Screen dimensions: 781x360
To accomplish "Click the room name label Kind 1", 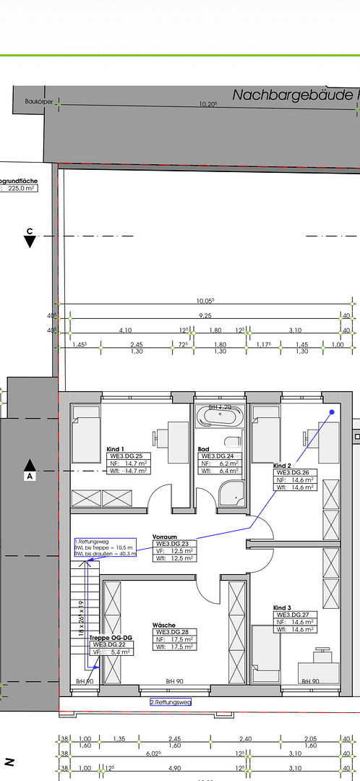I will click(x=116, y=449).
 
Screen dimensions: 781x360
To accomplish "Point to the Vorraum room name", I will click(x=165, y=537).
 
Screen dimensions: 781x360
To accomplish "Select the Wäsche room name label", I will click(x=163, y=625).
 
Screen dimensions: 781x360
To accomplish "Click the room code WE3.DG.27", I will click(x=295, y=615).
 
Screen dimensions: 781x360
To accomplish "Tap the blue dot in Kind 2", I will click(x=332, y=412).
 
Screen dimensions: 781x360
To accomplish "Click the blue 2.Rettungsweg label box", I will click(x=170, y=702).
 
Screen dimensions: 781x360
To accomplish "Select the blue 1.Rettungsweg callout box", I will click(x=104, y=547).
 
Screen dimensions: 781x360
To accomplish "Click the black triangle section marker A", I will click(x=30, y=464).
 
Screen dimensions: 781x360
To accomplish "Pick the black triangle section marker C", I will click(x=30, y=242).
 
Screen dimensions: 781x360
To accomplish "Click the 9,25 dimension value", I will click(x=206, y=315).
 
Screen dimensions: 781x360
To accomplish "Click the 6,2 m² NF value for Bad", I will click(x=228, y=464).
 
